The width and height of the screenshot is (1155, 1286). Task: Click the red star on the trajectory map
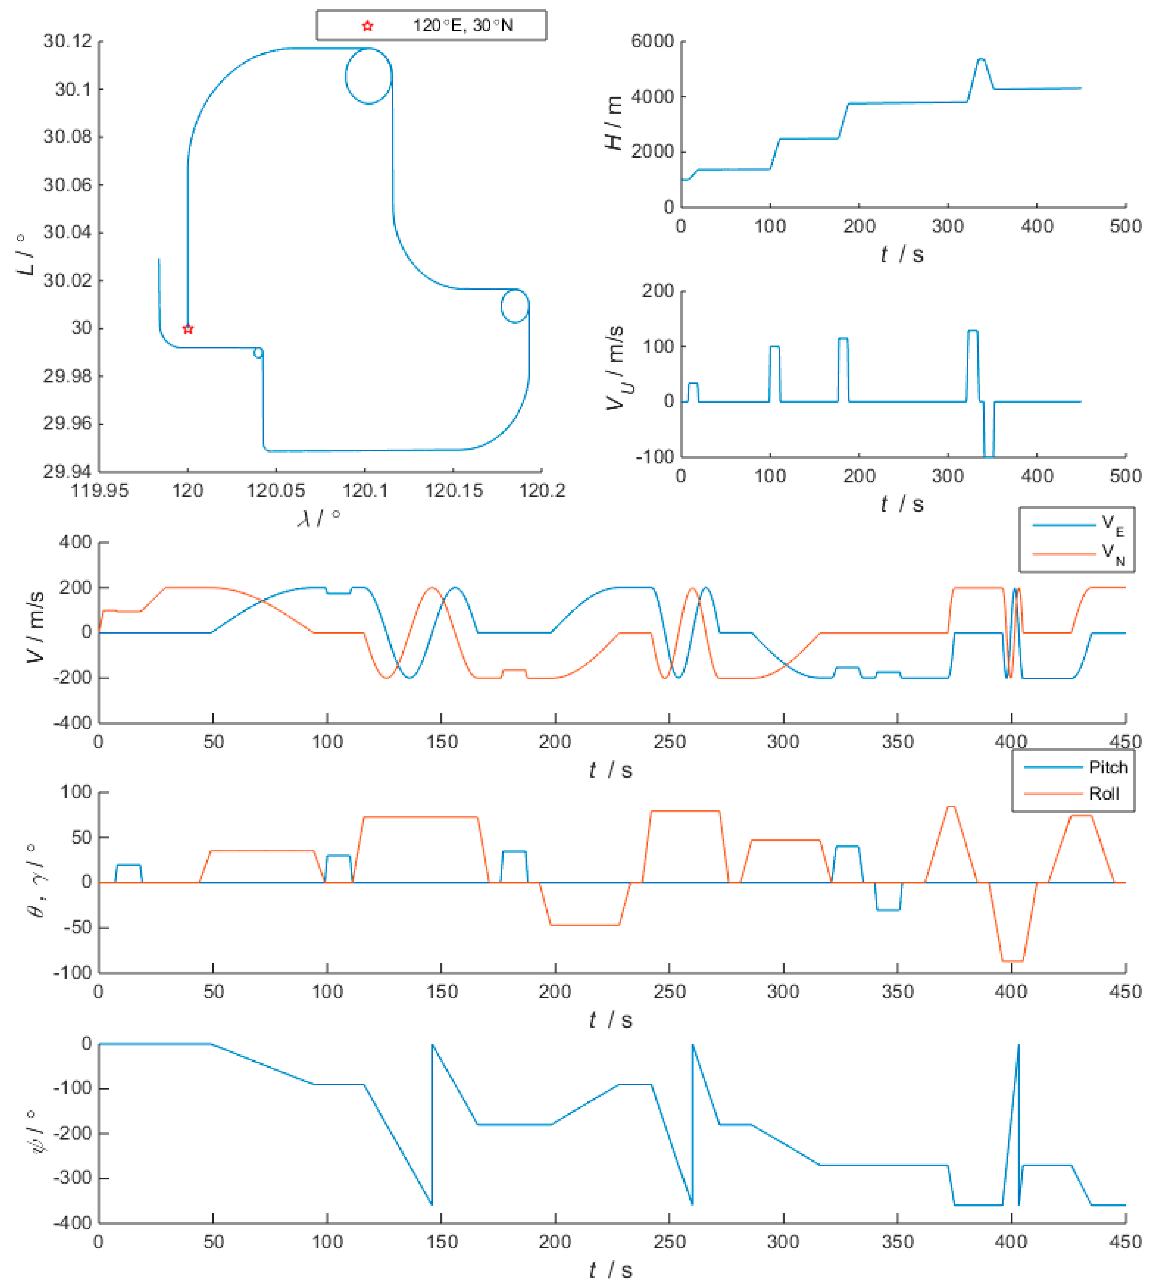(188, 329)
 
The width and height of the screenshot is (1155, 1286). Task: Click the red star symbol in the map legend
(367, 26)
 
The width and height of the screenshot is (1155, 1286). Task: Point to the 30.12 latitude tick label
(67, 41)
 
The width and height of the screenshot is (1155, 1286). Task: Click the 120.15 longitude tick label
(453, 491)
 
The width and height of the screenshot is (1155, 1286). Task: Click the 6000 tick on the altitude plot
(653, 41)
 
